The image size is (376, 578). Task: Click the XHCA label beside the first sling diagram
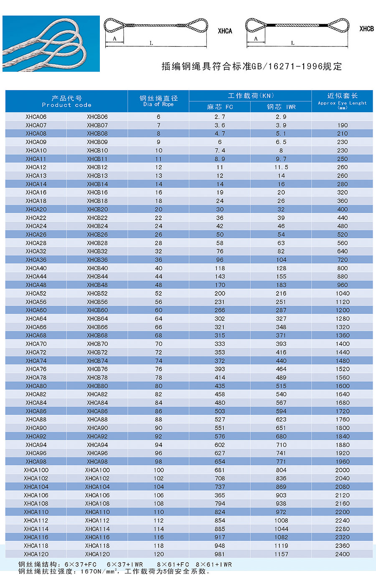point(225,31)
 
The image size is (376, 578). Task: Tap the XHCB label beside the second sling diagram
point(366,29)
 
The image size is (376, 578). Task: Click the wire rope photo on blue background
point(51,44)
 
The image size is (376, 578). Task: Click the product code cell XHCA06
point(36,117)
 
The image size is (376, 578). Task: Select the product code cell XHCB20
point(97,209)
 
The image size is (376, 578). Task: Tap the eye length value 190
point(342,125)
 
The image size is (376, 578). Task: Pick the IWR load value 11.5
point(281,167)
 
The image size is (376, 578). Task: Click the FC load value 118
point(220,268)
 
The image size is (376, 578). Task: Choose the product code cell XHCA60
point(36,310)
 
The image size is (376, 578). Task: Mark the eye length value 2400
point(342,554)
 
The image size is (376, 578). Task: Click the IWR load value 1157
point(281,554)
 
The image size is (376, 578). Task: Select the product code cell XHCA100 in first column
point(36,470)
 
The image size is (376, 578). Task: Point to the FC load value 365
point(220,495)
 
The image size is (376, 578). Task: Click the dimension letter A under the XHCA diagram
point(115,39)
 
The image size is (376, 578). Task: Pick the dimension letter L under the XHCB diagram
point(292,43)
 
